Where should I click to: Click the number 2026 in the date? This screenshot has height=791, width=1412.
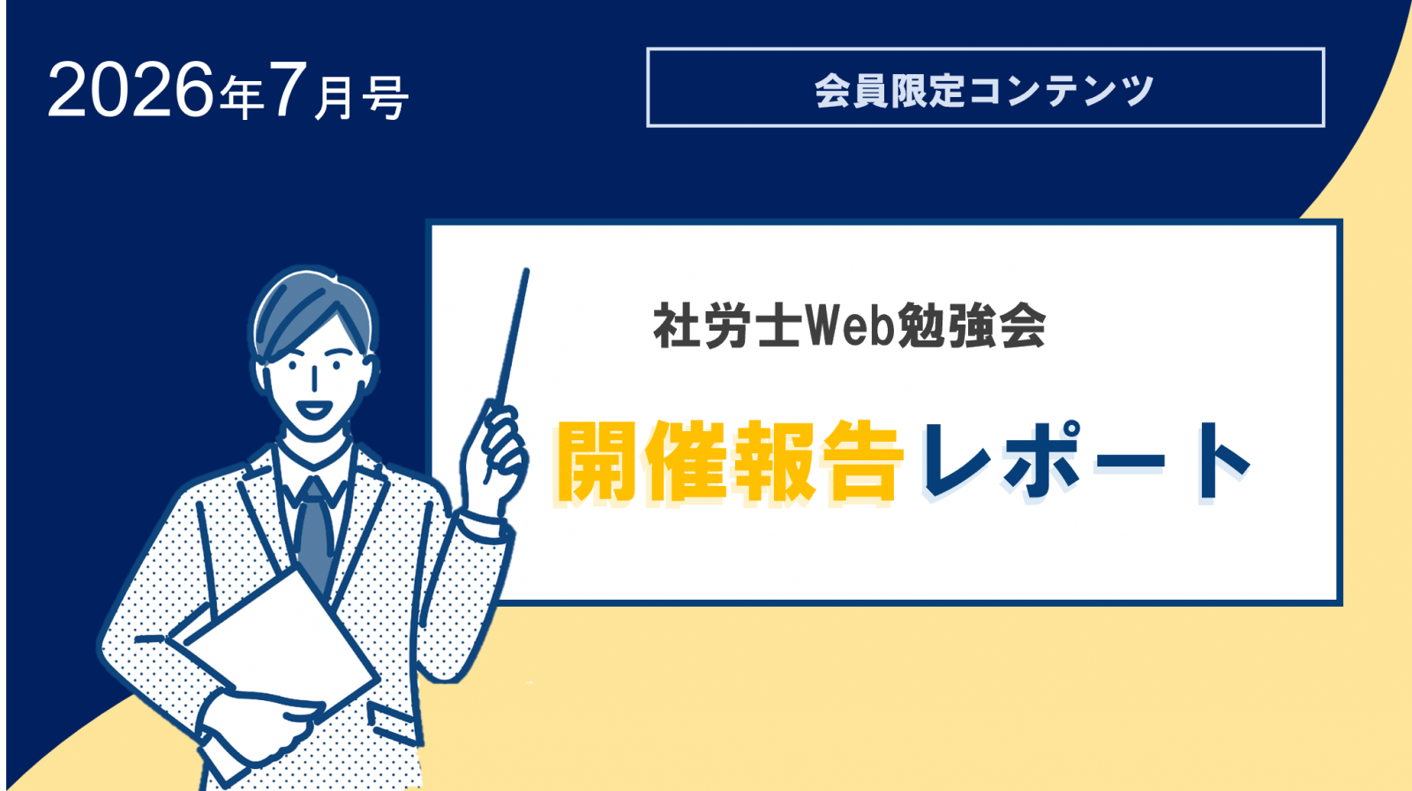tap(131, 90)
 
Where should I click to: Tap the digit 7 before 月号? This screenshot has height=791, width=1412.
tap(288, 90)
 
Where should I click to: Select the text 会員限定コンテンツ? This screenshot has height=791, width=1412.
tap(984, 91)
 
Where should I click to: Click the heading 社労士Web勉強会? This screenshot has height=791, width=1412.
tap(849, 325)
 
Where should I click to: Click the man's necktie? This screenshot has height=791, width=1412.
tap(314, 530)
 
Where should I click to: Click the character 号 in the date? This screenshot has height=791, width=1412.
tap(385, 98)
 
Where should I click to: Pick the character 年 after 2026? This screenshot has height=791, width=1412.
tap(241, 98)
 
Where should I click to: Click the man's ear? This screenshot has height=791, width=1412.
tap(372, 371)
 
